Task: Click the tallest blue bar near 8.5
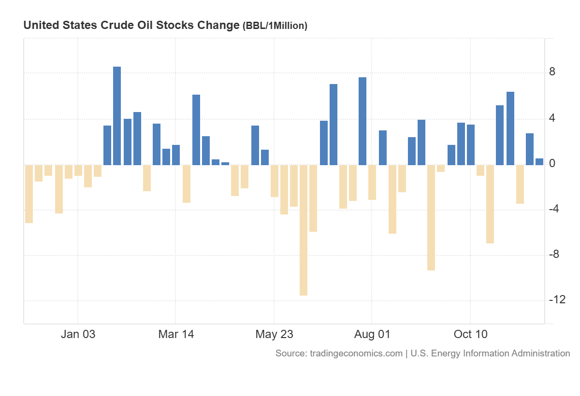coord(117,116)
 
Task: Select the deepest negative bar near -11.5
coord(304,230)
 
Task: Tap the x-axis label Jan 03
coord(78,334)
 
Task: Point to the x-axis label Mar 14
coord(176,334)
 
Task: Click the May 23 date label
coord(274,334)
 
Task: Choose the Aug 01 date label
coord(372,334)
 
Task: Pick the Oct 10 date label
coord(470,334)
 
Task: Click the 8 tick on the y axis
coord(552,72)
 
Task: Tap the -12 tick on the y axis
coord(556,300)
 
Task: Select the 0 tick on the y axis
coord(552,164)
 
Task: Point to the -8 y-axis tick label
coord(554,255)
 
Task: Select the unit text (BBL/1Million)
coord(275,26)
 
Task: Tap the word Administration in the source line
coord(540,354)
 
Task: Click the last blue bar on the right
coord(539,162)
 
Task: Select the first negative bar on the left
coord(29,194)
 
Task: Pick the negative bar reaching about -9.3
coord(431,217)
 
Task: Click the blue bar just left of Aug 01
coord(362,121)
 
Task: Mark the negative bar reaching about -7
coord(490,204)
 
